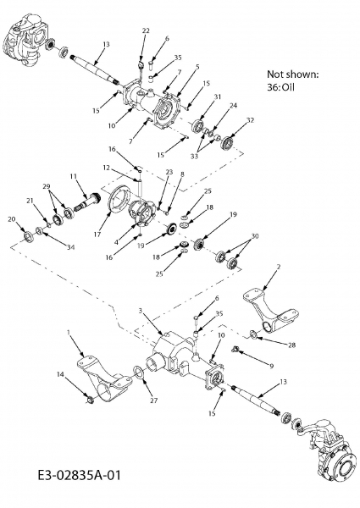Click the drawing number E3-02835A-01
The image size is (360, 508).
pyautogui.click(x=79, y=476)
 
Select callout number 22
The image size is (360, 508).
pyautogui.click(x=146, y=30)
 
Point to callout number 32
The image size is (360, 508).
pyautogui.click(x=250, y=120)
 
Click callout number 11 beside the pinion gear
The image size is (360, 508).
pyautogui.click(x=74, y=176)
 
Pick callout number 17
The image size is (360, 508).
pyautogui.click(x=97, y=235)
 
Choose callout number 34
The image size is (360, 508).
pyautogui.click(x=71, y=247)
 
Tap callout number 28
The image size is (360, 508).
pyautogui.click(x=292, y=345)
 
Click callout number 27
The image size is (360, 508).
pyautogui.click(x=154, y=400)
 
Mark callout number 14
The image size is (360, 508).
pyautogui.click(x=61, y=374)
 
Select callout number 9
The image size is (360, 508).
pyautogui.click(x=272, y=366)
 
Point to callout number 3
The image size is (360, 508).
pyautogui.click(x=141, y=311)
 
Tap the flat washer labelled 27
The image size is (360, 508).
pyautogui.click(x=138, y=372)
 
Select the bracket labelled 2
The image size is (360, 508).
pyautogui.click(x=271, y=310)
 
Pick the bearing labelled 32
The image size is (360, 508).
pyautogui.click(x=227, y=143)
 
